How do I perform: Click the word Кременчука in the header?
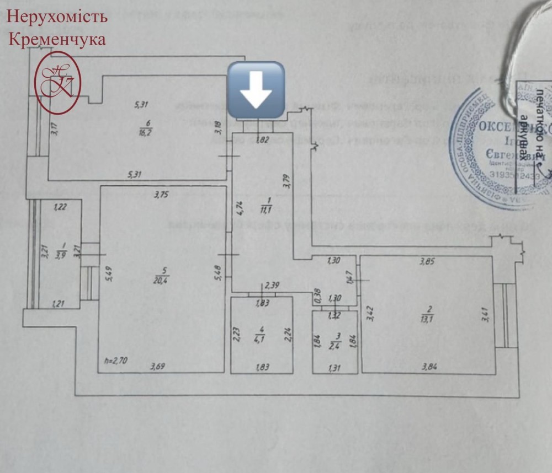pos(57,40)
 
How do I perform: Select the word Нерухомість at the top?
pos(57,17)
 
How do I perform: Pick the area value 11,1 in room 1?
pos(268,209)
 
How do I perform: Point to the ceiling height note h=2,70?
pos(116,362)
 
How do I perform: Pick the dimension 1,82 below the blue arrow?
pos(263,141)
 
